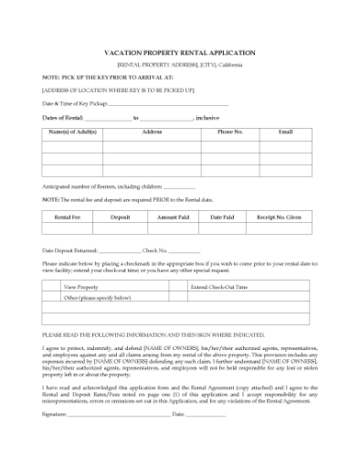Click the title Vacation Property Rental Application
coord(180,53)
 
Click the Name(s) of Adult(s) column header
coord(71,132)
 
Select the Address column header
coord(152,132)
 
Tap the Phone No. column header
coord(229,132)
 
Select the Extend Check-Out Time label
coord(218,287)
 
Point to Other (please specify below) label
coord(97,298)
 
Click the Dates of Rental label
coord(63,118)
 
